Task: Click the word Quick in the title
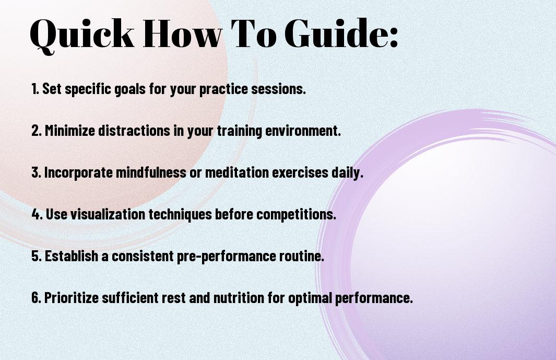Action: [x=82, y=34]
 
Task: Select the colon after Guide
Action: [x=394, y=37]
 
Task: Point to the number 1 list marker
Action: [x=35, y=89]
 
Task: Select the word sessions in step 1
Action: [x=278, y=89]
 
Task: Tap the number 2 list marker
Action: [x=36, y=131]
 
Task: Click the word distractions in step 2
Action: [x=134, y=130]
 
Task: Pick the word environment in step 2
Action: [x=303, y=130]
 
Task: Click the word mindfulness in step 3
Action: [x=151, y=172]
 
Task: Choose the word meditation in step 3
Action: [x=237, y=172]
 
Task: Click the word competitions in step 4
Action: [x=296, y=214]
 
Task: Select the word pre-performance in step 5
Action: [x=226, y=256]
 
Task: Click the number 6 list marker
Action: [x=36, y=297]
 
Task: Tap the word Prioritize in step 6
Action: [x=72, y=297]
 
